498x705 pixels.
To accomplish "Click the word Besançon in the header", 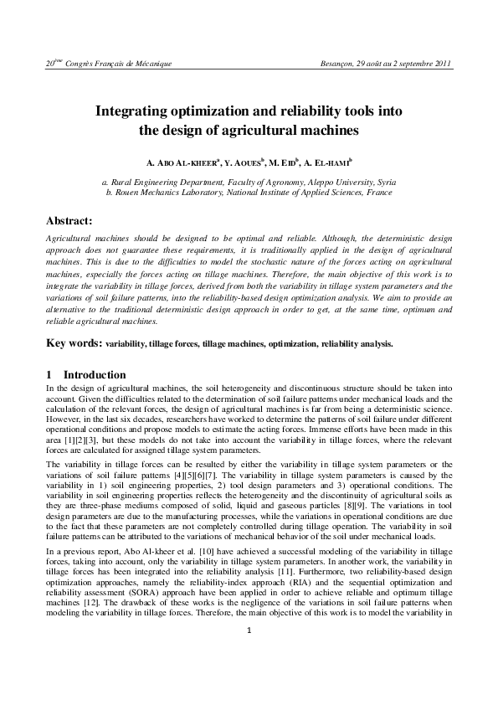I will tap(338, 64).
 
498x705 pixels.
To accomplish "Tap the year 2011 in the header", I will tap(440, 64).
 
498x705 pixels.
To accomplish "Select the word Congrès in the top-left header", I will tap(84, 64).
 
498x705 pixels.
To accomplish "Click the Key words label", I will tap(74, 342).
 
